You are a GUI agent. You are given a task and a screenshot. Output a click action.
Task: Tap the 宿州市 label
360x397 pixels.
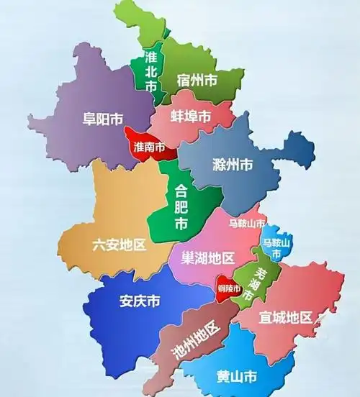(x=197, y=81)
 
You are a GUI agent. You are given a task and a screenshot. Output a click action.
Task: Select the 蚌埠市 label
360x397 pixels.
(x=191, y=117)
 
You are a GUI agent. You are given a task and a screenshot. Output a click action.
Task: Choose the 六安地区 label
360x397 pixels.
(x=119, y=245)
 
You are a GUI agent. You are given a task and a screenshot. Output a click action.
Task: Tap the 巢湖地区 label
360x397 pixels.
(x=208, y=257)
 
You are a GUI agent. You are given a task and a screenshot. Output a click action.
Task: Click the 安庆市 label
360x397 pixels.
(x=140, y=301)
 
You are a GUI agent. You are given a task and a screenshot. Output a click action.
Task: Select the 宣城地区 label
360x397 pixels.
(x=286, y=317)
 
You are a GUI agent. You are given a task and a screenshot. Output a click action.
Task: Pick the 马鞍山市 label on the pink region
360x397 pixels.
(x=247, y=224)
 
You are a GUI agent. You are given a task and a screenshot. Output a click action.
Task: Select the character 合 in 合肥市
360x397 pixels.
(x=181, y=191)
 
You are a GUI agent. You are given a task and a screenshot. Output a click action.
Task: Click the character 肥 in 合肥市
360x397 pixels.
(x=181, y=208)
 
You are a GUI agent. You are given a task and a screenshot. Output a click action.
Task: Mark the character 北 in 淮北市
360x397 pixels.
(x=151, y=71)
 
